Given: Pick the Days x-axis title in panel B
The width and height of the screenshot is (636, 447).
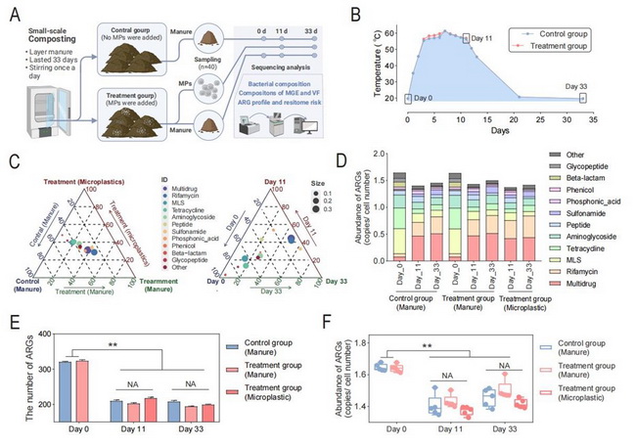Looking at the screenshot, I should click(499, 130).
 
